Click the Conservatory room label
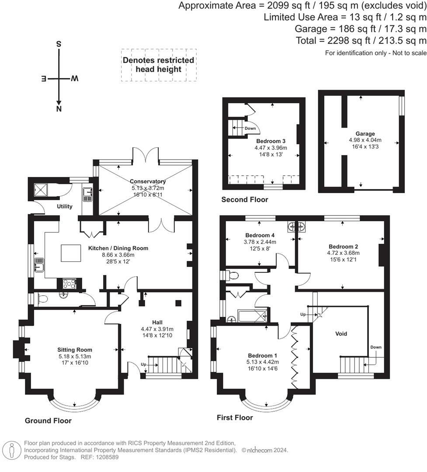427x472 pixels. coord(148,181)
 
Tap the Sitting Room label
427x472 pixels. coord(75,350)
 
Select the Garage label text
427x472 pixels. coord(365,134)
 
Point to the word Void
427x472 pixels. coord(341,333)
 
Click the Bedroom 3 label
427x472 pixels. coord(271,141)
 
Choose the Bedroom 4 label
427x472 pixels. coord(260,235)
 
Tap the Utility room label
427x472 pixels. coord(65,206)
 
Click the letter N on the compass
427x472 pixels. coord(59,109)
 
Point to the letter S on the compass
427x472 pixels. coord(59,44)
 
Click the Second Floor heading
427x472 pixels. coord(244,200)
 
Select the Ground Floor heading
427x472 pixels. coord(48,420)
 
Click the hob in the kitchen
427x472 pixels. coord(69,284)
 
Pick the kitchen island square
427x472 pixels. coord(71,253)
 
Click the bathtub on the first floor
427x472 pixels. coord(252,316)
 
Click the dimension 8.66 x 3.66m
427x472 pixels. coord(118,255)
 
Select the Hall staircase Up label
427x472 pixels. coord(143,364)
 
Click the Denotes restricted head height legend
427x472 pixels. coord(158,65)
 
